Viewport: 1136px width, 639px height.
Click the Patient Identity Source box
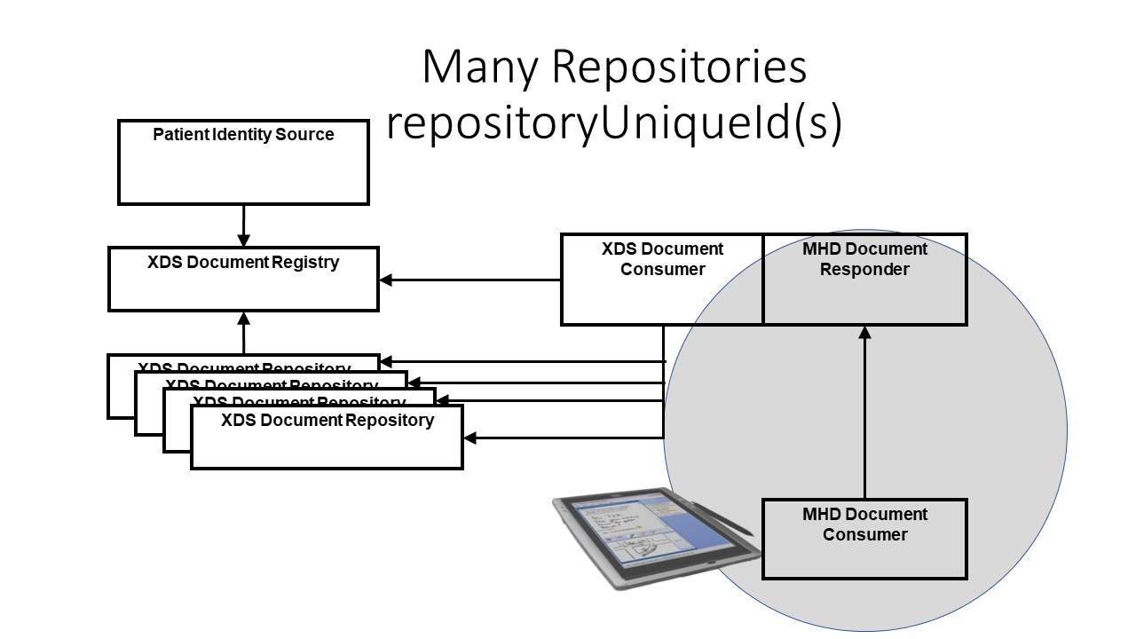243,169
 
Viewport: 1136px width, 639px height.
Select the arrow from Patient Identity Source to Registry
243,225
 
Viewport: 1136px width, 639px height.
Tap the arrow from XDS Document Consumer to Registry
470,280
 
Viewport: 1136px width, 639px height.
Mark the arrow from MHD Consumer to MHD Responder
864,413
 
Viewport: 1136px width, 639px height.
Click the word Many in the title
480,67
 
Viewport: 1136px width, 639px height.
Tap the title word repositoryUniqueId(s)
613,124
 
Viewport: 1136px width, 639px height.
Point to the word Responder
864,270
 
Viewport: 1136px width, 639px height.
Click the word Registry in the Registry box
304,263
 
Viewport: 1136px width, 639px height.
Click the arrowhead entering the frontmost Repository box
471,438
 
